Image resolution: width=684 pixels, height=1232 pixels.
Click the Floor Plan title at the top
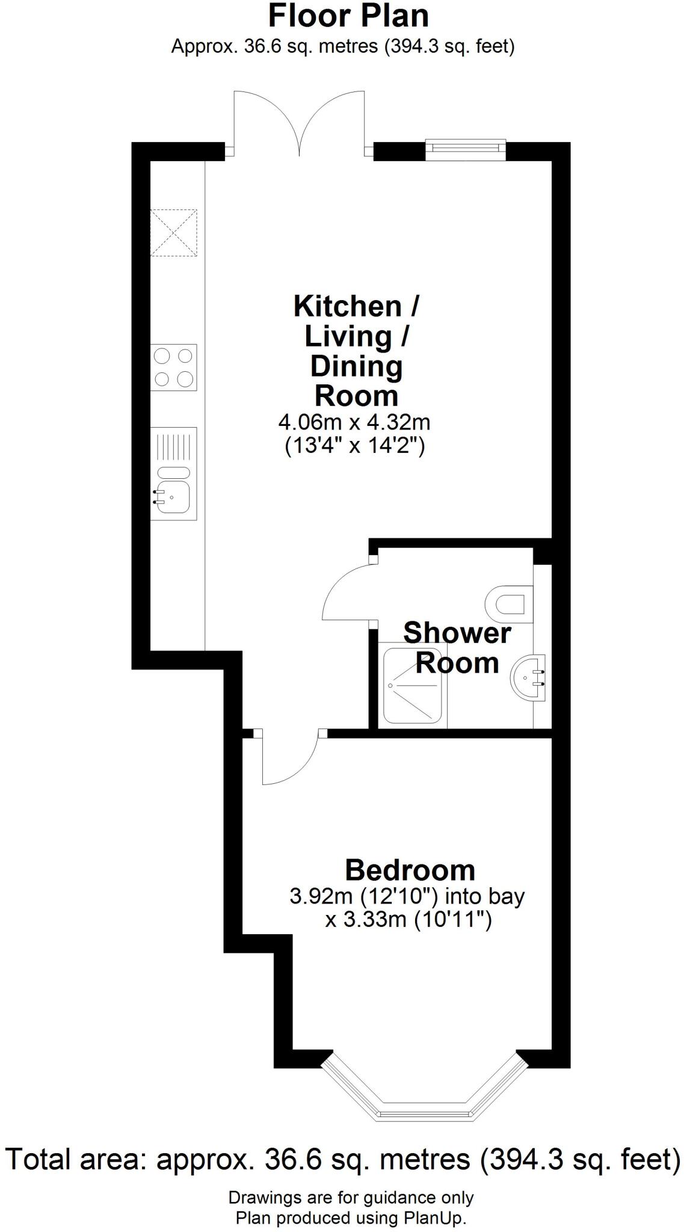(348, 16)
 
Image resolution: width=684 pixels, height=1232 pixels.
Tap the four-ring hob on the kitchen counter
(174, 368)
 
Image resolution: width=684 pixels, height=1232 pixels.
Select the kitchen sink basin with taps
(173, 496)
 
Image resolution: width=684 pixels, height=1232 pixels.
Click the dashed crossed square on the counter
(173, 232)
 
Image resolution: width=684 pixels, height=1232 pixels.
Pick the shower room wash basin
(528, 677)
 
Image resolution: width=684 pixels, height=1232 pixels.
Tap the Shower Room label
(457, 648)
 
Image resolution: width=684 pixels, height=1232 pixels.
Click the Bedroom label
(410, 870)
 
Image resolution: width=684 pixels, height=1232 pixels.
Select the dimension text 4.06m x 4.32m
(354, 422)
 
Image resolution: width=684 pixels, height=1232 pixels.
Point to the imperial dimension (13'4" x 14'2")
(354, 446)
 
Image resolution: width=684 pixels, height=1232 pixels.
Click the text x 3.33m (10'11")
(408, 920)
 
